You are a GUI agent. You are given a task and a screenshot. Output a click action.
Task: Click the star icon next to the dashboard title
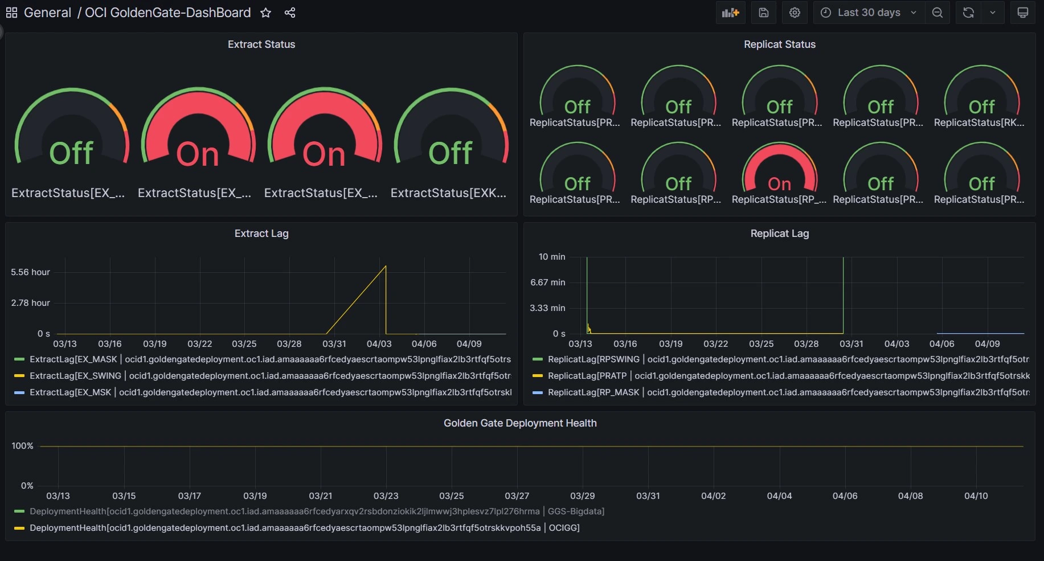265,13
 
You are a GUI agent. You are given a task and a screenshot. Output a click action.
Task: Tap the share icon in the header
290,13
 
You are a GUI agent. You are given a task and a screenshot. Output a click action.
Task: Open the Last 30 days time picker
869,13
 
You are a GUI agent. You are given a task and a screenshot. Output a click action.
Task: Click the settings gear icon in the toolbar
795,13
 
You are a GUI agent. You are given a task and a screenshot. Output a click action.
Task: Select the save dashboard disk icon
764,13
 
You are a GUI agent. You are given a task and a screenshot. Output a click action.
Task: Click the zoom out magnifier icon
937,13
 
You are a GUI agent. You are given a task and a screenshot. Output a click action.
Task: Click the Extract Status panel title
261,44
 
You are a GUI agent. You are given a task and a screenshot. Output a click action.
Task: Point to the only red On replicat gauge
779,171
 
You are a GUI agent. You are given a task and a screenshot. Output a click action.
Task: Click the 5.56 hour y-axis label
30,272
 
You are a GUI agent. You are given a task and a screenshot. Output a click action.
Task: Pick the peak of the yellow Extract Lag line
386,266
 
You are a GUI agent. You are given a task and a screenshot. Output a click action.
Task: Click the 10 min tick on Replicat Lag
551,257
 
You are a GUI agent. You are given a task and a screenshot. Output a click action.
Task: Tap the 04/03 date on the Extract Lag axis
379,344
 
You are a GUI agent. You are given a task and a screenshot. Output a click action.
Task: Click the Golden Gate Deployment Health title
520,423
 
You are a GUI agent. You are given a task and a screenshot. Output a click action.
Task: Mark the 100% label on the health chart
22,446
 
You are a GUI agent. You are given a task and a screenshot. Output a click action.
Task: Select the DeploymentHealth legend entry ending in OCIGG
304,528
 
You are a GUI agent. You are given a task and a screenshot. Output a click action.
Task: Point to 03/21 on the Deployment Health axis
320,496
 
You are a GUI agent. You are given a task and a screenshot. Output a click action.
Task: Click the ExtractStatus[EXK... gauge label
448,193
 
